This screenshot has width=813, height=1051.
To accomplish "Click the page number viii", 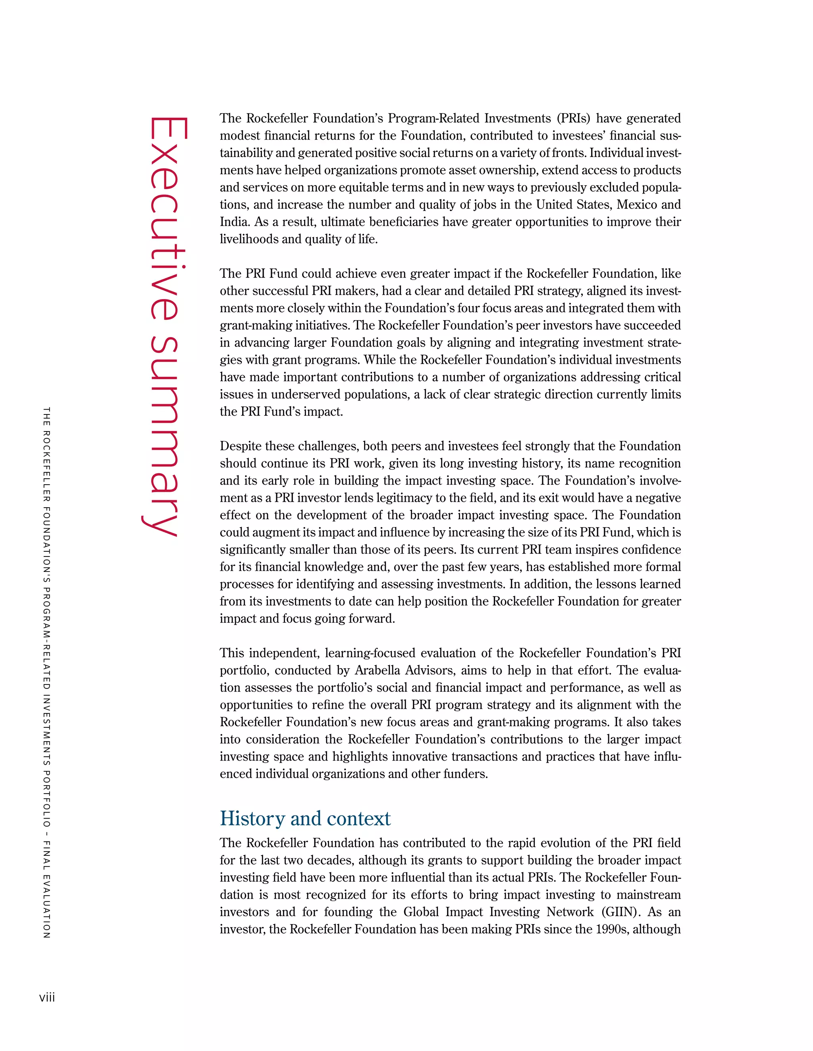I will pyautogui.click(x=47, y=997).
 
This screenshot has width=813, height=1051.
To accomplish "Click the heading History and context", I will pyautogui.click(x=305, y=818).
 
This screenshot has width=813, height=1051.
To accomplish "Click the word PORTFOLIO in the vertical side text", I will pyautogui.click(x=47, y=798).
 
